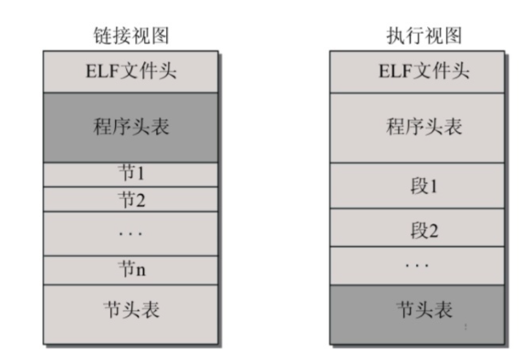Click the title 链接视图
131,36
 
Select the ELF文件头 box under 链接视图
131,72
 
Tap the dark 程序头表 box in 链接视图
131,128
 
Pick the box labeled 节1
131,174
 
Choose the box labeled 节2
131,199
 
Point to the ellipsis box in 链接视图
131,233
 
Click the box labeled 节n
131,271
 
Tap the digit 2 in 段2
433,231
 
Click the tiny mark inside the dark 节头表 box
466,326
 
